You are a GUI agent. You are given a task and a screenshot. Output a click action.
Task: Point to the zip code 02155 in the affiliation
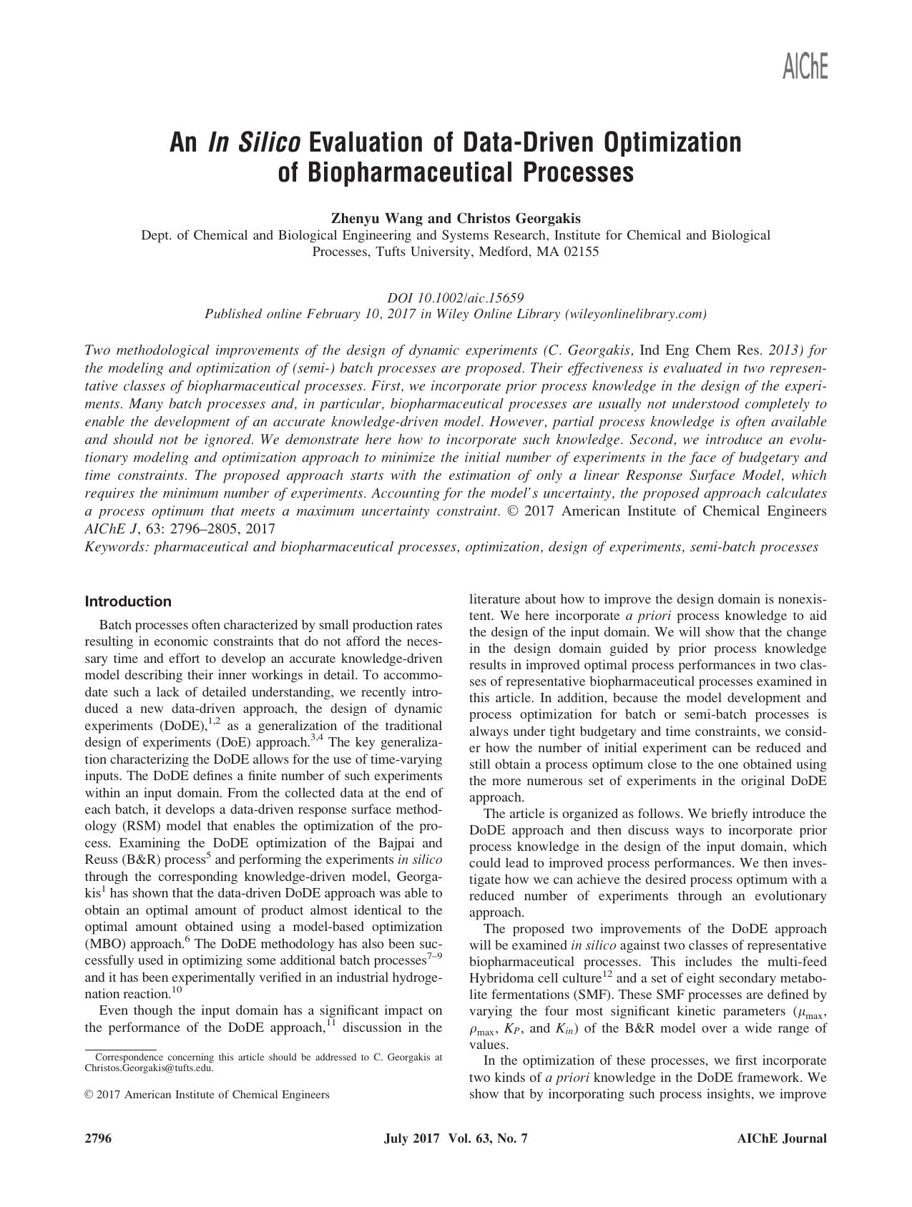(582, 252)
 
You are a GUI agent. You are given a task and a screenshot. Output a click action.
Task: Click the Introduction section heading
(128, 601)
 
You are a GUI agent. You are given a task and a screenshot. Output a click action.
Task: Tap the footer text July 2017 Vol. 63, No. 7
(456, 1139)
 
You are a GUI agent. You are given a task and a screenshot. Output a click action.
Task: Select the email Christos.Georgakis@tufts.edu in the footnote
(149, 1068)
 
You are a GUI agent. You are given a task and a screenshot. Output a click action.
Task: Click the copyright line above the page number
(207, 1094)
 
